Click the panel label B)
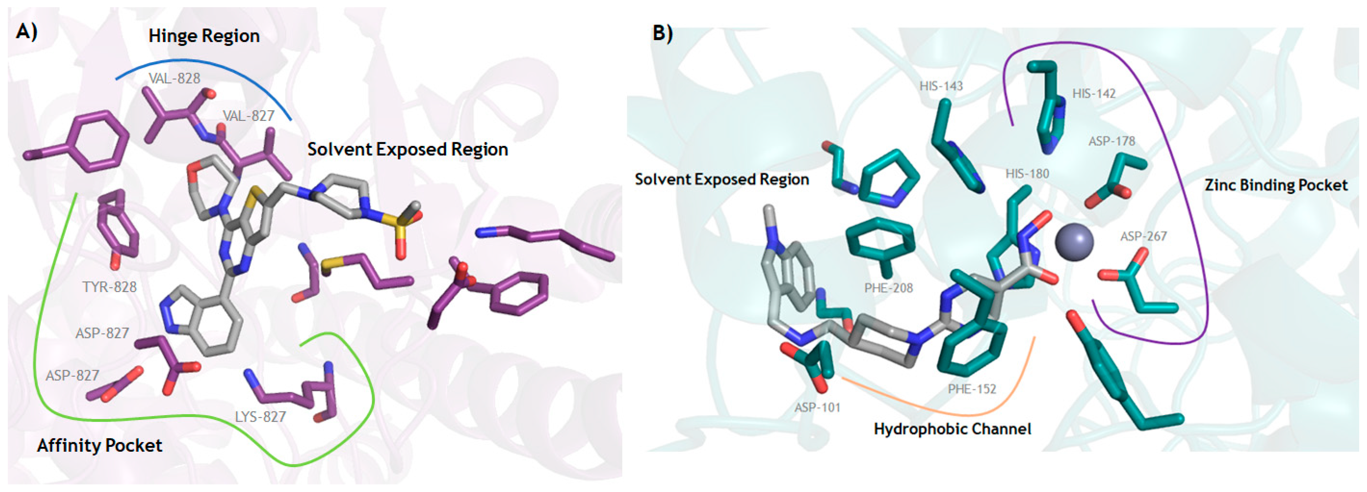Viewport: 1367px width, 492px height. point(662,33)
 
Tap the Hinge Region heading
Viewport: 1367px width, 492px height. point(204,36)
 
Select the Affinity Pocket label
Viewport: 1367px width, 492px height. point(99,445)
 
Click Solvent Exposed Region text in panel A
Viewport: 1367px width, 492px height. point(408,150)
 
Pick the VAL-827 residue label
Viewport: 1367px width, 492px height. point(248,116)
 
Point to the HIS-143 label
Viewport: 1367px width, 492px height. point(941,86)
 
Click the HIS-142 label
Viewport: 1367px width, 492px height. point(1094,94)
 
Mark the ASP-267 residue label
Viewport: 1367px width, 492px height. point(1143,236)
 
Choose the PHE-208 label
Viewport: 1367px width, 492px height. point(888,288)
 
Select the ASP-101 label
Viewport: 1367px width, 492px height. point(817,408)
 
